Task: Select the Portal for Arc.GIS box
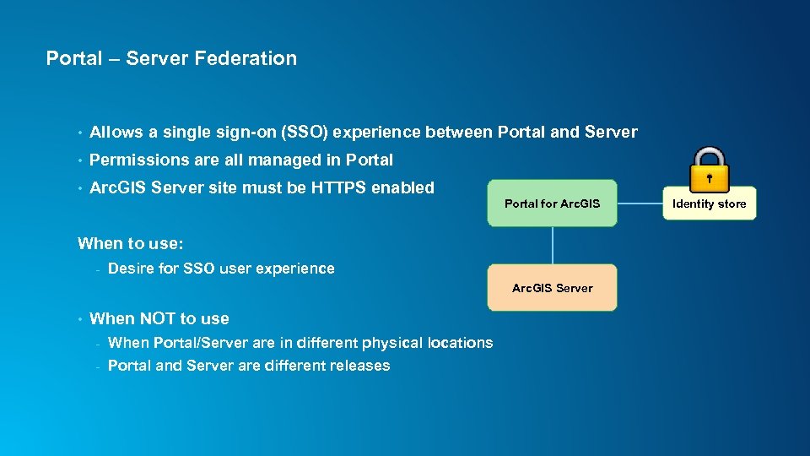[x=552, y=204]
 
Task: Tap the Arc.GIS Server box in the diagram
[x=552, y=288]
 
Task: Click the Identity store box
[x=709, y=204]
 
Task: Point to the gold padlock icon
[x=709, y=167]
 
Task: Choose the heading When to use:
[x=131, y=244]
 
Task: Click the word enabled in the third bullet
[x=402, y=187]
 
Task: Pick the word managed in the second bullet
[x=290, y=160]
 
